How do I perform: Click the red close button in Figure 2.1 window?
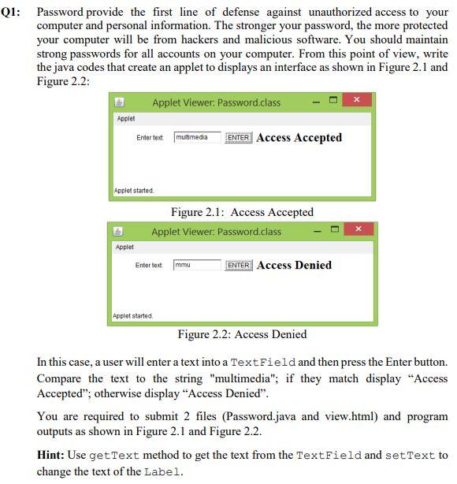[x=357, y=101]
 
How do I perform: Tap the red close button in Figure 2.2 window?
[x=358, y=229]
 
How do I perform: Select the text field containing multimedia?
[x=197, y=137]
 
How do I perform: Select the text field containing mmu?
[x=197, y=265]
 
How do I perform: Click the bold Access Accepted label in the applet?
[x=299, y=138]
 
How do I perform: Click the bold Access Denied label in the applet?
[x=294, y=266]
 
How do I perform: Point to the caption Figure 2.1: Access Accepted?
[x=242, y=212]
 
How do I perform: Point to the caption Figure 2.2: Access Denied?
[x=242, y=334]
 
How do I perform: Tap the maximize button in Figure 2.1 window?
[x=333, y=101]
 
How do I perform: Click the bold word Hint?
[x=51, y=456]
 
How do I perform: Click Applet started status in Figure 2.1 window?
[x=134, y=191]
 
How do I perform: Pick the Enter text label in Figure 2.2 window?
[x=149, y=266]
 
